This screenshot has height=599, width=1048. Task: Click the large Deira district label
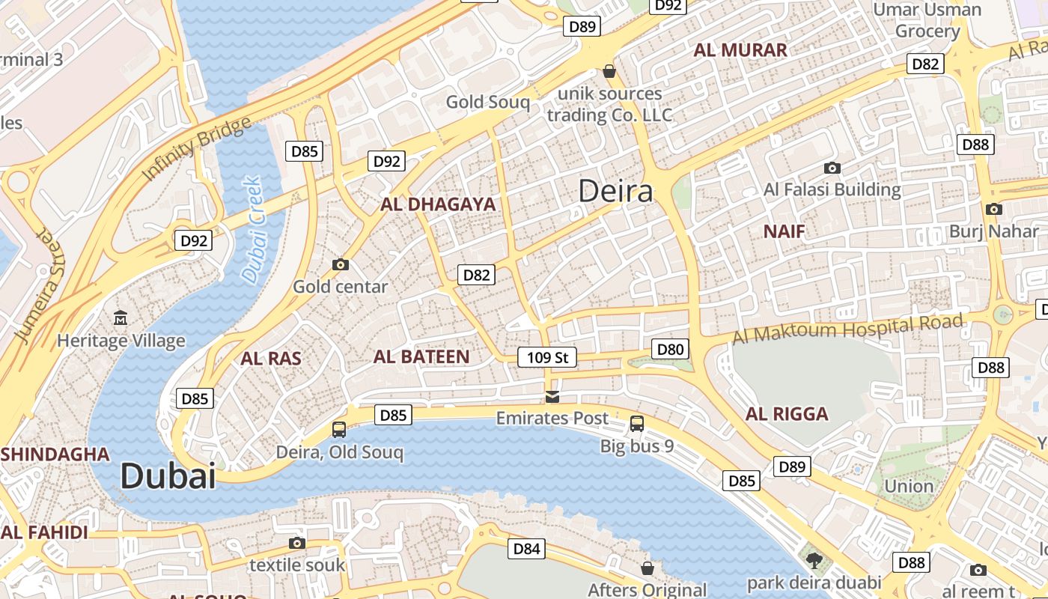coord(615,192)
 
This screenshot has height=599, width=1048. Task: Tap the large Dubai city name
coord(168,476)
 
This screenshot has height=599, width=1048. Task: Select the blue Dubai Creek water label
coord(253,230)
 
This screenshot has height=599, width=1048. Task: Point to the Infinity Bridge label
coord(196,149)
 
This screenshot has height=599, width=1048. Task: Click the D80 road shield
coord(670,349)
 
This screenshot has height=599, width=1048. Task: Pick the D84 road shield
coord(526,549)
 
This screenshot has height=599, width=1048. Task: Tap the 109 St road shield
coord(548,357)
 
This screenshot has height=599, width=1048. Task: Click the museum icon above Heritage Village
coord(121,319)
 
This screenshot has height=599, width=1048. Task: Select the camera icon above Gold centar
coord(341,264)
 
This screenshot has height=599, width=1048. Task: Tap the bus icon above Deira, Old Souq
coord(339,430)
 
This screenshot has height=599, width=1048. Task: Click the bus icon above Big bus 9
coord(637,424)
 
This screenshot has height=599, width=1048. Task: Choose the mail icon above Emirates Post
coord(552,396)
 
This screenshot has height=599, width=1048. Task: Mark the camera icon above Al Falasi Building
coord(832,168)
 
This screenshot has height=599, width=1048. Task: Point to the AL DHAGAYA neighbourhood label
coord(438,204)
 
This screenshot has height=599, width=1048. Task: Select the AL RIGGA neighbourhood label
coord(787,414)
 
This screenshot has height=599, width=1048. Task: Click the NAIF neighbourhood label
coord(785,231)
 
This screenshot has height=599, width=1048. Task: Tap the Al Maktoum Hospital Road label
coord(847,329)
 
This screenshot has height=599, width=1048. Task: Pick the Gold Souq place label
coord(487,102)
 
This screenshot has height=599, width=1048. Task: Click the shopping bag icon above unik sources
coord(609,72)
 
